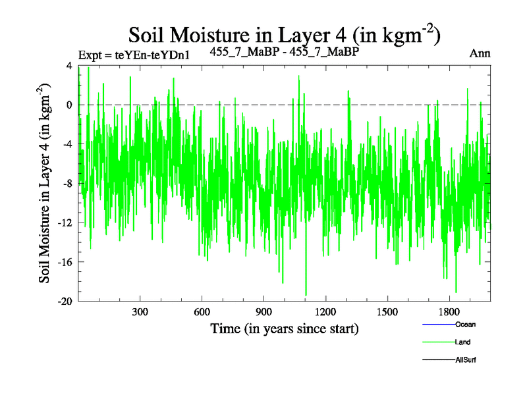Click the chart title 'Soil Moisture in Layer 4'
[284, 34]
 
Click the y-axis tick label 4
[69, 66]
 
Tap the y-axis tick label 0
[69, 105]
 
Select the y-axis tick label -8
[67, 184]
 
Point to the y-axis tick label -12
[65, 223]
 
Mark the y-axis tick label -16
[65, 262]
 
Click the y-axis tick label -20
[65, 302]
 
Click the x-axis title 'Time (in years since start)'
[284, 328]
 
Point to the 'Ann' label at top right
[479, 53]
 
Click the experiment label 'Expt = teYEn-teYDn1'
[134, 55]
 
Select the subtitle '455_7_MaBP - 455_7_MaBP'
[284, 51]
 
